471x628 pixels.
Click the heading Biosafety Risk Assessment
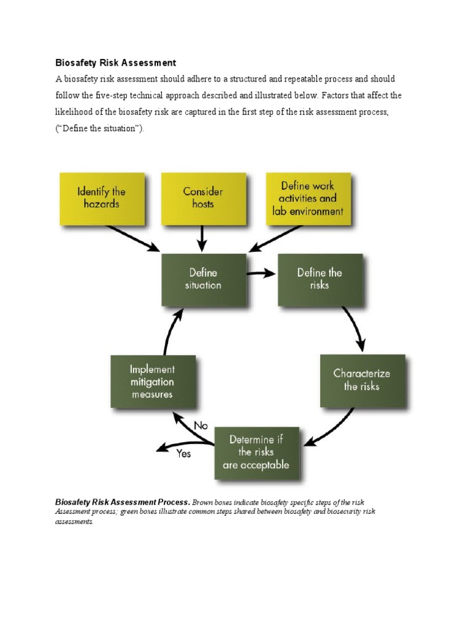[x=116, y=63]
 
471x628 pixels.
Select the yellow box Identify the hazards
[x=102, y=198]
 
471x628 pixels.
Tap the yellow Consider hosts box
[x=203, y=198]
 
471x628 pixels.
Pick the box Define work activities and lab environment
[x=308, y=198]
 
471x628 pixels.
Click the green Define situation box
[x=204, y=279]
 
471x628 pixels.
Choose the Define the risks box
[x=320, y=279]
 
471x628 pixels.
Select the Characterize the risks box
[x=362, y=380]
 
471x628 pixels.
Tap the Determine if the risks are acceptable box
[x=256, y=453]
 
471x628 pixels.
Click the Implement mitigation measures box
[x=153, y=381]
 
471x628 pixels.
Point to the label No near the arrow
[x=201, y=425]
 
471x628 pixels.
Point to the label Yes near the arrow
[x=183, y=454]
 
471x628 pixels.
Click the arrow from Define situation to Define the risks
[x=261, y=274]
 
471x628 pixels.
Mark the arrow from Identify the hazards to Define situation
[x=132, y=238]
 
